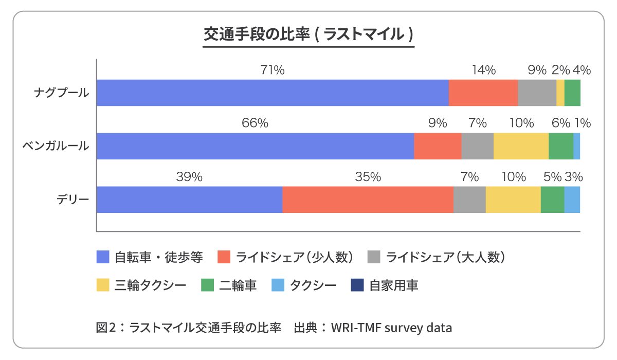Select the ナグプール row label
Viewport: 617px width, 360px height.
click(61, 93)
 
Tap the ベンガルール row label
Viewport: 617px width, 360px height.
click(56, 146)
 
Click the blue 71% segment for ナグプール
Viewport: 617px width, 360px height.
click(273, 93)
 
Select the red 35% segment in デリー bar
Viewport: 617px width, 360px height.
click(368, 200)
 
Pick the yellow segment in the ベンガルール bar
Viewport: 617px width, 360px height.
click(521, 146)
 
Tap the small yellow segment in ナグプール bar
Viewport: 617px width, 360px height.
click(560, 93)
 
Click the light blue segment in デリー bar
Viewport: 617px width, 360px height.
click(572, 200)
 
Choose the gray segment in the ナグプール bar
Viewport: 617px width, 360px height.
click(537, 93)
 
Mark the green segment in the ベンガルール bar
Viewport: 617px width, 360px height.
click(560, 146)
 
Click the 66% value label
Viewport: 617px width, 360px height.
click(256, 123)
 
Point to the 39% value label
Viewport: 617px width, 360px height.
click(189, 177)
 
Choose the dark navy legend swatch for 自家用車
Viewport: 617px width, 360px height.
click(357, 285)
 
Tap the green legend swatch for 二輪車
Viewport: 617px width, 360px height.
click(207, 285)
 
